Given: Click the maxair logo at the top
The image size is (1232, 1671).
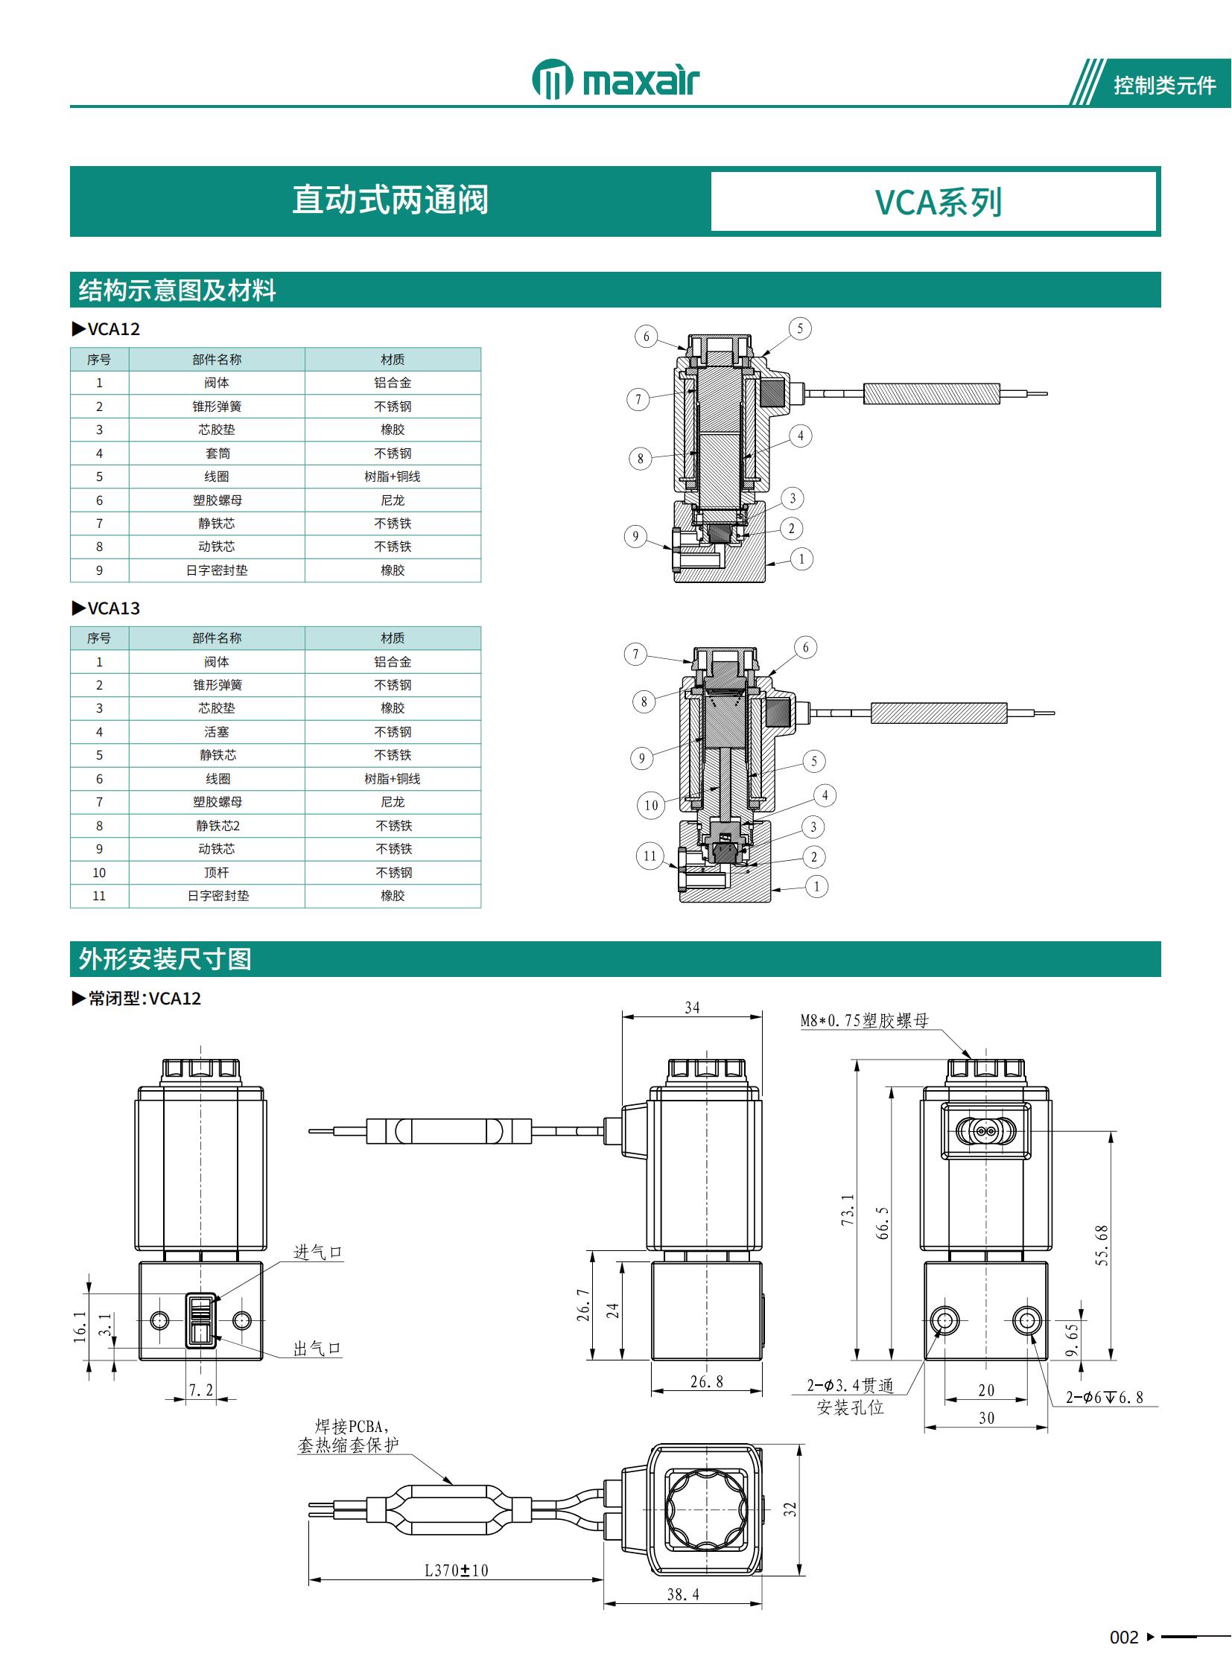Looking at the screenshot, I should click(x=615, y=80).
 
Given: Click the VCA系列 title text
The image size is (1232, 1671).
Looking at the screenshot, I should click(x=938, y=202).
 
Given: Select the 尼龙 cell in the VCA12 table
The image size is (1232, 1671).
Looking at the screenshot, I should click(x=393, y=500).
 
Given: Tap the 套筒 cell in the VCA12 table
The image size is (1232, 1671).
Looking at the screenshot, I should click(x=217, y=453).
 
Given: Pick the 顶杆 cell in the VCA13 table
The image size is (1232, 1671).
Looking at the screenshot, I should click(x=217, y=873).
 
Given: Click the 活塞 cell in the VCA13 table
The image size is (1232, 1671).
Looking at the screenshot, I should click(x=217, y=732).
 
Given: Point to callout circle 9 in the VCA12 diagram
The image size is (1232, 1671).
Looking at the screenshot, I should click(x=635, y=536).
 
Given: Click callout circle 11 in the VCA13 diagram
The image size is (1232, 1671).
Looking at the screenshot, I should click(x=650, y=856).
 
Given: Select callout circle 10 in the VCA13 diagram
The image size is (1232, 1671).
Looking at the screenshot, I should click(x=651, y=805).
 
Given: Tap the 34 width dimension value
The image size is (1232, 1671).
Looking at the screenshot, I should click(x=692, y=1008).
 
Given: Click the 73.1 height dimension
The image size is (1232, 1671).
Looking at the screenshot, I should click(x=848, y=1209).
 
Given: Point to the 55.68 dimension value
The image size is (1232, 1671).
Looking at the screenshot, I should click(x=1102, y=1244).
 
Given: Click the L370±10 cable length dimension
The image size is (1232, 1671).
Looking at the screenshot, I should click(x=456, y=1570).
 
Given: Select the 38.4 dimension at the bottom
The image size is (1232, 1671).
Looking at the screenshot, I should click(x=682, y=1594).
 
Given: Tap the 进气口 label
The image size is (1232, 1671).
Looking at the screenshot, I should click(x=318, y=1252).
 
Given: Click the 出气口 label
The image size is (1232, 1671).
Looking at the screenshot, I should click(x=317, y=1348).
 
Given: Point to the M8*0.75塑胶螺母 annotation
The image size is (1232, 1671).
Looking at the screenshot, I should click(x=864, y=1020).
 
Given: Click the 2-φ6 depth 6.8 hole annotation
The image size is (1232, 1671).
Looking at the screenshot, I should click(x=1104, y=1398).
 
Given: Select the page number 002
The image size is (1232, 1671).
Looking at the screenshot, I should click(x=1124, y=1637).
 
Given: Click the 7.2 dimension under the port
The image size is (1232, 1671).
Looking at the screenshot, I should click(x=200, y=1390).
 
